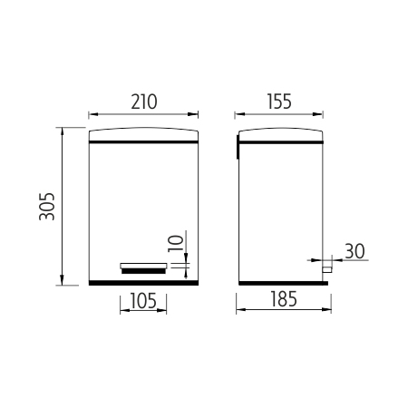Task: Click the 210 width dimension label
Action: [144, 102]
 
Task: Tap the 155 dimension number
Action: [279, 102]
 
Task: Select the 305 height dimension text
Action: [47, 207]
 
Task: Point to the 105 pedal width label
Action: [143, 301]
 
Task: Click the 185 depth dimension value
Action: [284, 299]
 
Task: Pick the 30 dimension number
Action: [355, 251]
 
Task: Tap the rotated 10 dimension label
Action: [176, 243]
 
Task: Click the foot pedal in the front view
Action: [143, 268]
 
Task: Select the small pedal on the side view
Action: [326, 269]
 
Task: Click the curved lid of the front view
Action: [143, 135]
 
